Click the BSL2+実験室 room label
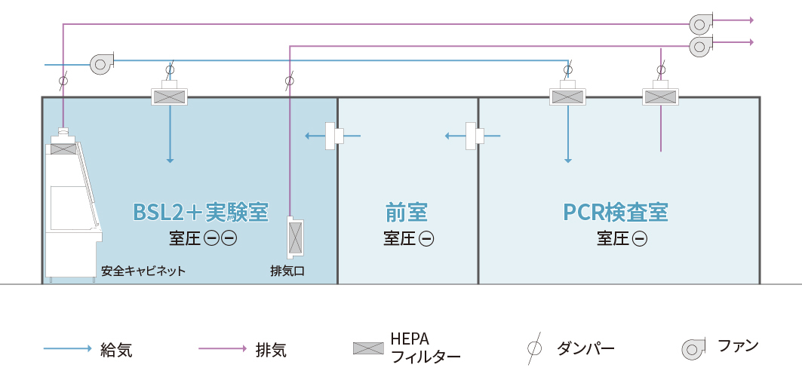point(200,212)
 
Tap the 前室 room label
point(407,212)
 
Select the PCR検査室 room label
point(616,212)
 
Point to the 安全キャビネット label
point(143,271)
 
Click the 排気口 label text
point(287,271)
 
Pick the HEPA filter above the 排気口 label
point(294,238)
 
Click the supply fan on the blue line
point(101,63)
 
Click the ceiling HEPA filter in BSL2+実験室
point(169,97)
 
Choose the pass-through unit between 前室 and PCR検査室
point(475,136)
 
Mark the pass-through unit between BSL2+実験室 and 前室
point(333,136)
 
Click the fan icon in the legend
point(693,348)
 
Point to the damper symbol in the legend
point(534,348)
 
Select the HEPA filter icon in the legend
point(367,348)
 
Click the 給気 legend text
point(116,350)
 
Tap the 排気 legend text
point(271,350)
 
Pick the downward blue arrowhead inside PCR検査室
point(568,159)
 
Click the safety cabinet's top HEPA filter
point(63,149)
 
